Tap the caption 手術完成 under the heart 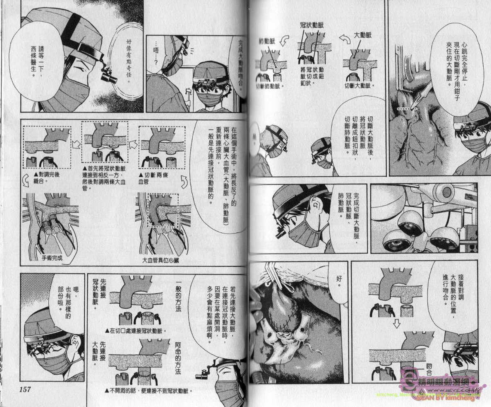tap(50, 258)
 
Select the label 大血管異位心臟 tap(160, 260)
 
